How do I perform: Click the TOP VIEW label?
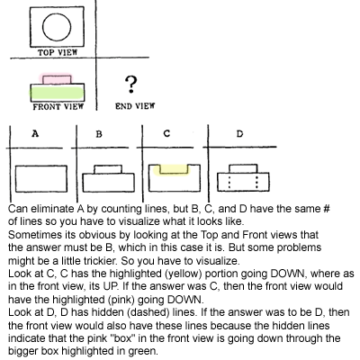58,52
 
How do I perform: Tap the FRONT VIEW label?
58,106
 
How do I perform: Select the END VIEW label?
135,106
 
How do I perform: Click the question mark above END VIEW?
130,84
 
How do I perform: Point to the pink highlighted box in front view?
57,79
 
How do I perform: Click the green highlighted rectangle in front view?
57,93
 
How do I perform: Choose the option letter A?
35,133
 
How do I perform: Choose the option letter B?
99,134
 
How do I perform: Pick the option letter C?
166,133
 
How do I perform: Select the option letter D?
239,134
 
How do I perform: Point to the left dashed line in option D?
229,182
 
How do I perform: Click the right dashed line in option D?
256,182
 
